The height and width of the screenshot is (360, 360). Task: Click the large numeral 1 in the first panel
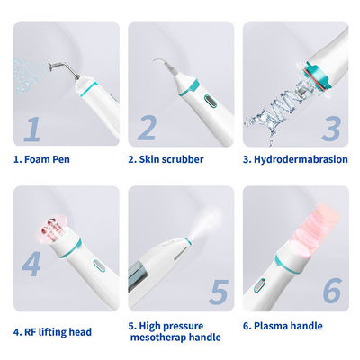pos(32,129)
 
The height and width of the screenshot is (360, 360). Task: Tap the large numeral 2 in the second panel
pos(147,128)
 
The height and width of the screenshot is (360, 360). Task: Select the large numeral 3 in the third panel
pos(331,129)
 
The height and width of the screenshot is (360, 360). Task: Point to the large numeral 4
pos(31,264)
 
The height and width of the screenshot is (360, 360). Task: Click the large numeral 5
pos(219,292)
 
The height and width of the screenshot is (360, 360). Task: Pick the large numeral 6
pos(332,290)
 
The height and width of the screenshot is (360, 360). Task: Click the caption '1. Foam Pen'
pos(41,159)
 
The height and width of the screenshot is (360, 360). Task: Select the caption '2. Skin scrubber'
pos(166,159)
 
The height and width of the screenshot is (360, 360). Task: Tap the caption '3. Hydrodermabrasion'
pos(295,159)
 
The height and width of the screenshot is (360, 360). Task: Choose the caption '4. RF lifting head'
pos(52,332)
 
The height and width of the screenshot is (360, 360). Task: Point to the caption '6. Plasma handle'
pos(283,326)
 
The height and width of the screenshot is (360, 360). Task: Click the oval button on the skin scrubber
pos(210,102)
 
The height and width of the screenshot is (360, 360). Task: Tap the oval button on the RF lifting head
pos(99,265)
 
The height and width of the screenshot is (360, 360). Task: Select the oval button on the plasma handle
pos(260,285)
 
